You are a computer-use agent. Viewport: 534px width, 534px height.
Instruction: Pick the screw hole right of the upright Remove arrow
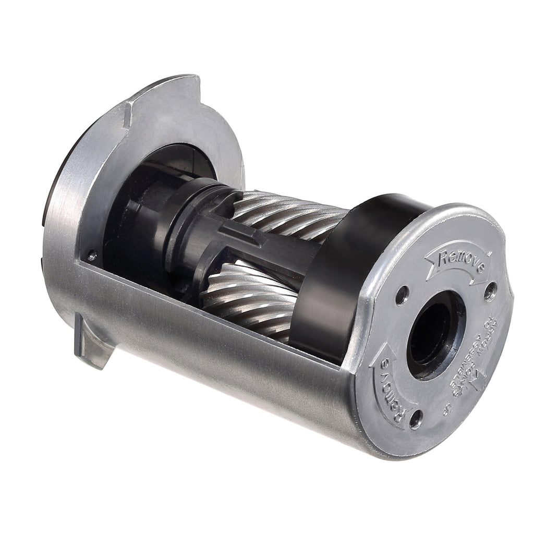[490, 292]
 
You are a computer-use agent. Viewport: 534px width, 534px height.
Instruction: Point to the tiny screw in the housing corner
[92, 256]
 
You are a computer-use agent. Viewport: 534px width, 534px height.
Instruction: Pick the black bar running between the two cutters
[282, 250]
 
